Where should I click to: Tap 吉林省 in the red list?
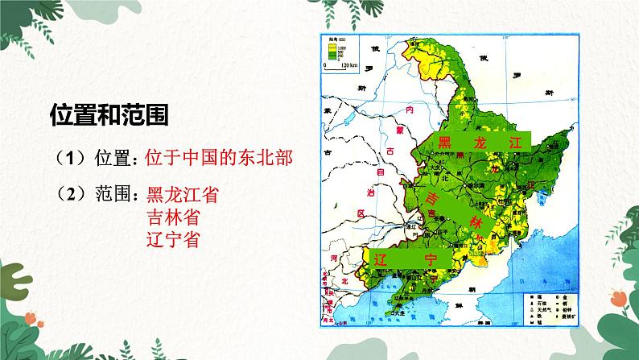[175, 217]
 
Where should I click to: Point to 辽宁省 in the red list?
[175, 239]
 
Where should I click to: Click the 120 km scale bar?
[337, 68]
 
